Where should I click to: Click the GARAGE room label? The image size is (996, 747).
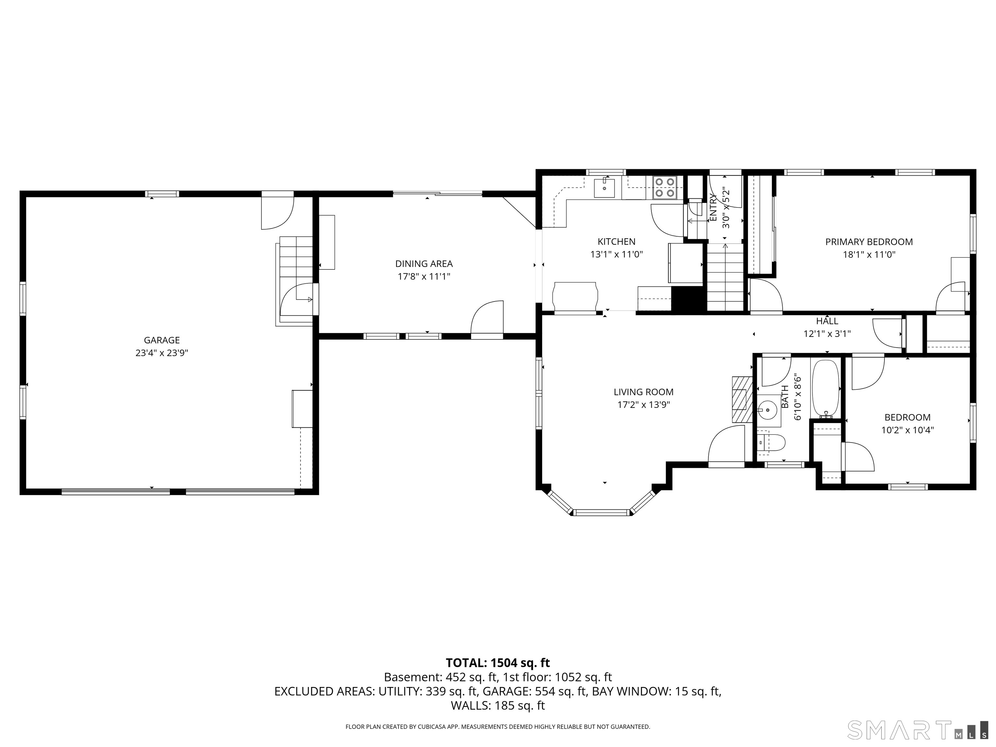click(x=162, y=340)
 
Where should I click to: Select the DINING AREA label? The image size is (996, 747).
click(x=424, y=264)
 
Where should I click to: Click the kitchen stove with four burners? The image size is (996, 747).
click(x=665, y=187)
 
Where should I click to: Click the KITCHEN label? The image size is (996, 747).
click(x=616, y=242)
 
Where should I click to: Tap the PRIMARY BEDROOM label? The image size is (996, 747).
click(x=869, y=242)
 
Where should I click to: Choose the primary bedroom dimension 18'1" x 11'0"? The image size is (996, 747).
click(x=869, y=255)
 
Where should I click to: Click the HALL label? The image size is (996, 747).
click(x=827, y=321)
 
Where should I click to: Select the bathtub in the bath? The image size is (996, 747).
click(x=825, y=388)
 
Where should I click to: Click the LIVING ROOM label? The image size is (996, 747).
click(x=644, y=392)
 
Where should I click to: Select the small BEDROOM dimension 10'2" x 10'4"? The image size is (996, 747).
click(x=907, y=430)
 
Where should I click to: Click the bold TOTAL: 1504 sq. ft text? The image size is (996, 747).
click(x=498, y=663)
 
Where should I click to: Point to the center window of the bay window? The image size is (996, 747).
click(x=601, y=512)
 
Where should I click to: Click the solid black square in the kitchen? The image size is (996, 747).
click(x=688, y=298)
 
